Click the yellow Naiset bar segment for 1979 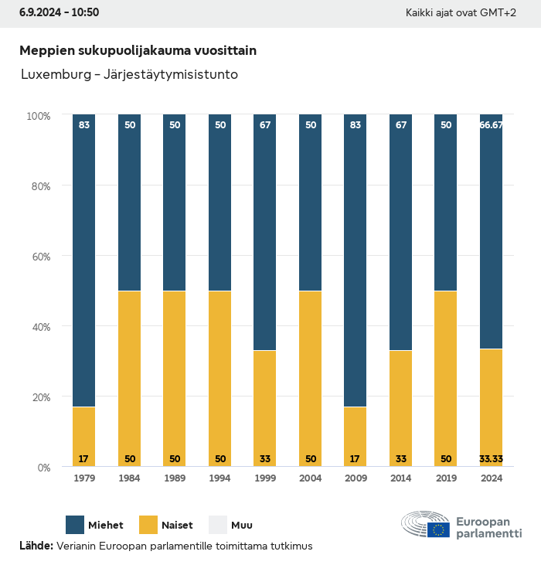[x=84, y=437]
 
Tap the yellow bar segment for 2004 [x=311, y=379]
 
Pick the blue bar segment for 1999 [x=265, y=232]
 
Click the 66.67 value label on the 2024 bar [x=492, y=124]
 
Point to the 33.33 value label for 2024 [x=492, y=458]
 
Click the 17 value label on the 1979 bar [x=84, y=458]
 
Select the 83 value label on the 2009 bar [x=356, y=124]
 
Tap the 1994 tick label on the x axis [x=220, y=478]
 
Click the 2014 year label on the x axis [x=400, y=478]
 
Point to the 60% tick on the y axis [x=39, y=256]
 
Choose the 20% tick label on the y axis [x=39, y=397]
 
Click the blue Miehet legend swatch [x=75, y=525]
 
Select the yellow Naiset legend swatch [x=148, y=525]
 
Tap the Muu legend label [x=242, y=526]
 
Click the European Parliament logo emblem [x=426, y=525]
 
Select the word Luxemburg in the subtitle [x=51, y=75]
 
